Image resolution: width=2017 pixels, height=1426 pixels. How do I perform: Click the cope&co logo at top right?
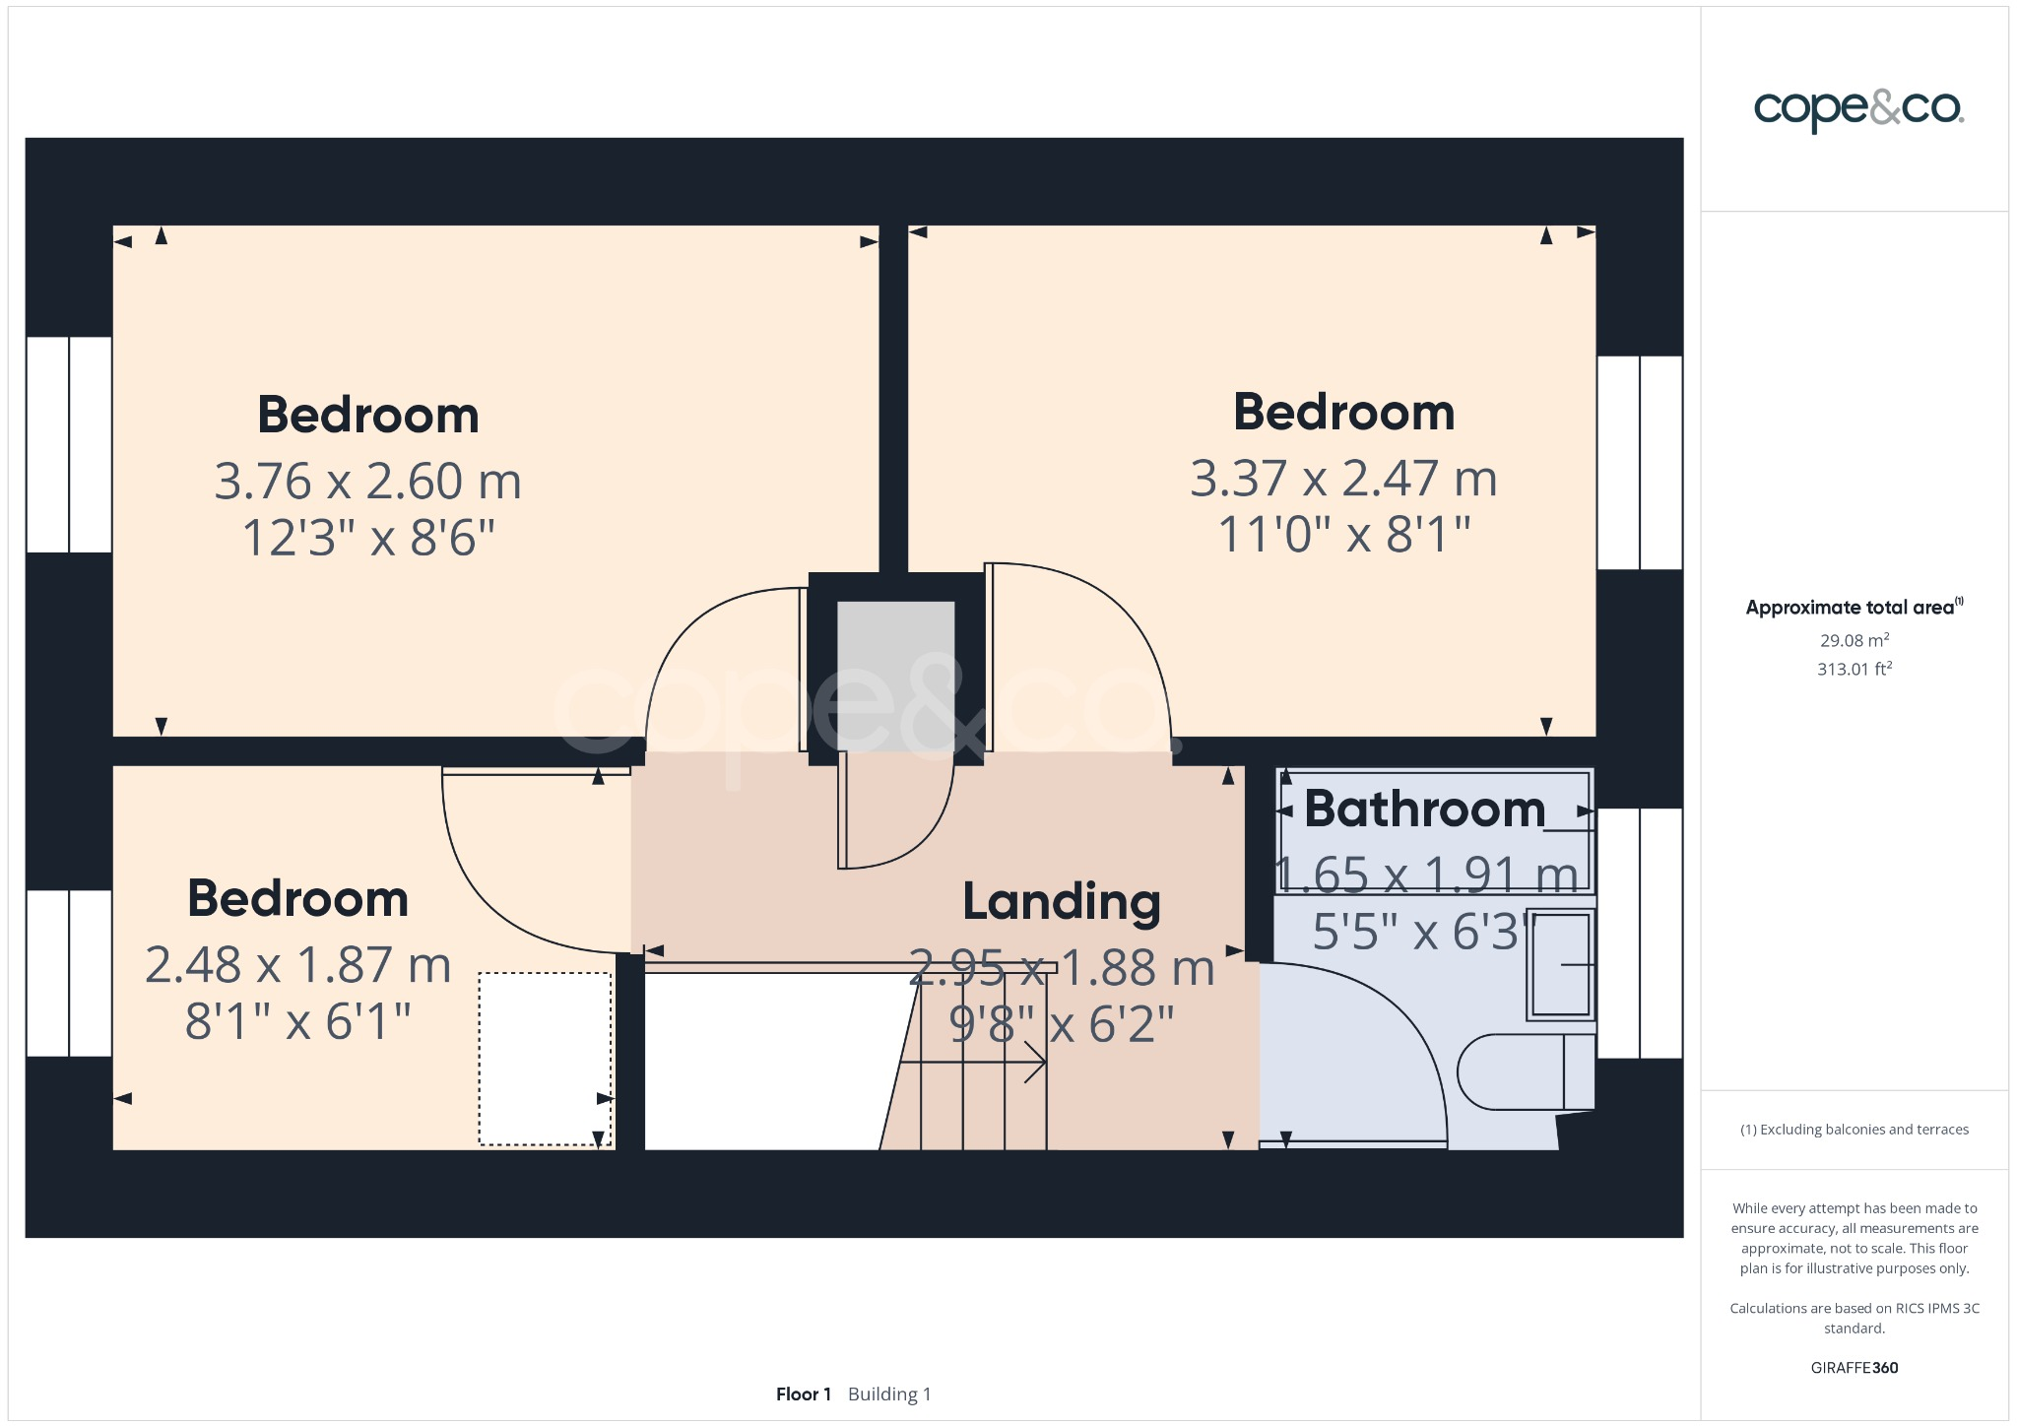point(1857,108)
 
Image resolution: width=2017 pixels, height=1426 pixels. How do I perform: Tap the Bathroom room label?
point(1424,810)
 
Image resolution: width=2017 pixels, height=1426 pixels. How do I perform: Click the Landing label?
point(1061,901)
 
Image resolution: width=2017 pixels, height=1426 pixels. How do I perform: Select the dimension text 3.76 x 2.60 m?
point(367,482)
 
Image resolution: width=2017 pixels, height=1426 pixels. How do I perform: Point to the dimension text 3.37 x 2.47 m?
point(1342,479)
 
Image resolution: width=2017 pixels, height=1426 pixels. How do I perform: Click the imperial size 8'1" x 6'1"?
point(297,1021)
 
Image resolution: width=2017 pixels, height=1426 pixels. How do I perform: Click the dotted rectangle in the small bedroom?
point(545,1059)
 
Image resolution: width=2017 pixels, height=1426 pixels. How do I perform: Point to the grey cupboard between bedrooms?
point(895,676)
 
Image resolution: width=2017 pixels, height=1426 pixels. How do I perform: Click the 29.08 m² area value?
point(1854,640)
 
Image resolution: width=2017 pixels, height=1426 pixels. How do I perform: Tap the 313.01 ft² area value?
point(1854,670)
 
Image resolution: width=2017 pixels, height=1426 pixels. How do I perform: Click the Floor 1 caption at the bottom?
point(803,1394)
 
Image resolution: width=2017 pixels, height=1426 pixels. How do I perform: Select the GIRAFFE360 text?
point(1854,1368)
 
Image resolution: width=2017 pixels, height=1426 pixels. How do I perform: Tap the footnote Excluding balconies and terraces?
point(1854,1130)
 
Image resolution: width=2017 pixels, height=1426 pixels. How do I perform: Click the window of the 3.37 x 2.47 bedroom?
point(1639,463)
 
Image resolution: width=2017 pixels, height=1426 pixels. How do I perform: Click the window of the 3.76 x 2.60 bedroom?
point(69,444)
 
